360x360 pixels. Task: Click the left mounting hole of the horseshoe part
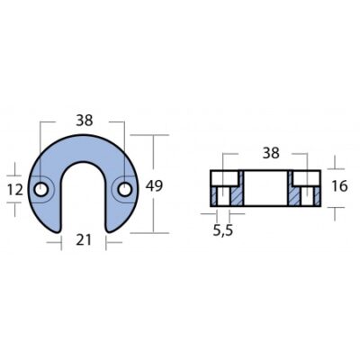point(40,190)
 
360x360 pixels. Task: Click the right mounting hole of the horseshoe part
point(124,190)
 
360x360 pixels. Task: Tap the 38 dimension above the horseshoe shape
point(85,121)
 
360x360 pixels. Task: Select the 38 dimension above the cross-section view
point(271,153)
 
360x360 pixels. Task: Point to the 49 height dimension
point(154,186)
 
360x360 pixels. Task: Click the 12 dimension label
point(14,190)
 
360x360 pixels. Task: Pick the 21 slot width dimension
point(84,240)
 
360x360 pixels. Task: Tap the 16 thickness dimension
point(340,186)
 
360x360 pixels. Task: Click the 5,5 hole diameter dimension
point(223,230)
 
